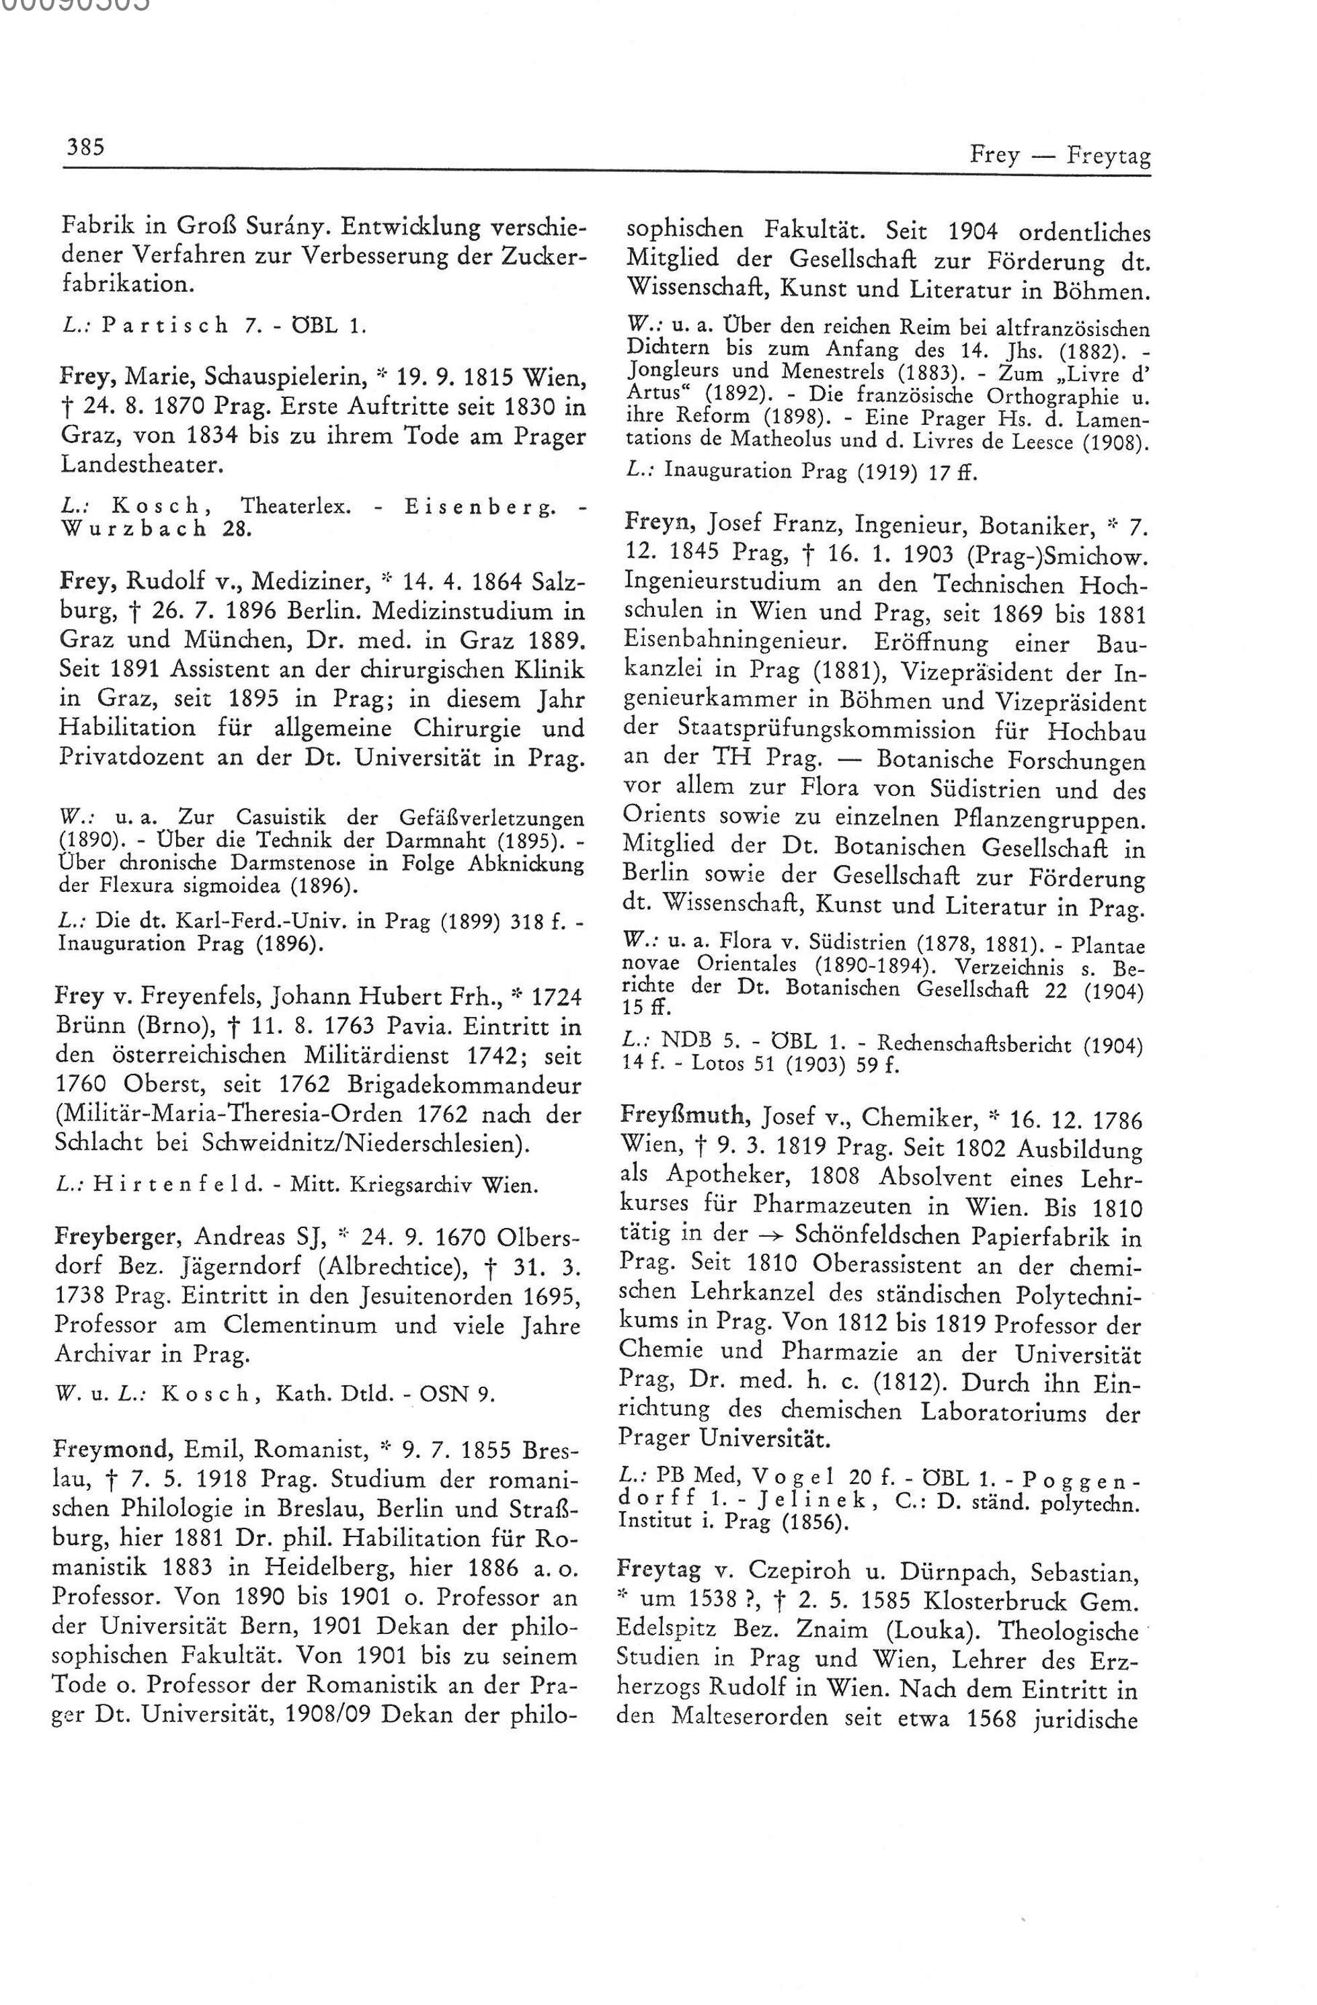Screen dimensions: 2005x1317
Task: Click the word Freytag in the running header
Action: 1108,156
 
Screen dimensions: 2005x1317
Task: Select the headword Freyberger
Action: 118,1237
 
